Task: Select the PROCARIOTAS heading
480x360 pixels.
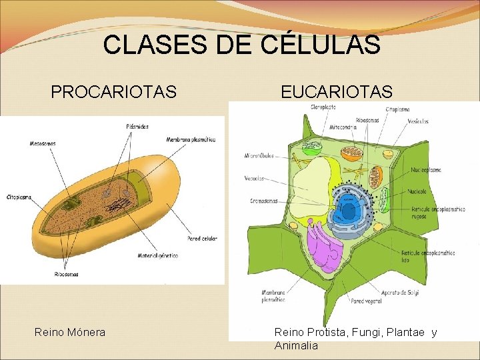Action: (x=113, y=91)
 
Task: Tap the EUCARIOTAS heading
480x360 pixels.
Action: (x=337, y=91)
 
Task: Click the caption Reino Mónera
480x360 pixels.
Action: (x=70, y=331)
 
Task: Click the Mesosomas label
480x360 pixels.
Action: (x=43, y=143)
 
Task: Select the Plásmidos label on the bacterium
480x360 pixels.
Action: (x=137, y=126)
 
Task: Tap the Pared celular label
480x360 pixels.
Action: (x=203, y=238)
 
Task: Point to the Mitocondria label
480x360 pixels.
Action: (x=343, y=127)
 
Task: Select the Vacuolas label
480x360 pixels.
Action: (x=254, y=179)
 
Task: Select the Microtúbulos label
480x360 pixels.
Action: (x=260, y=157)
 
